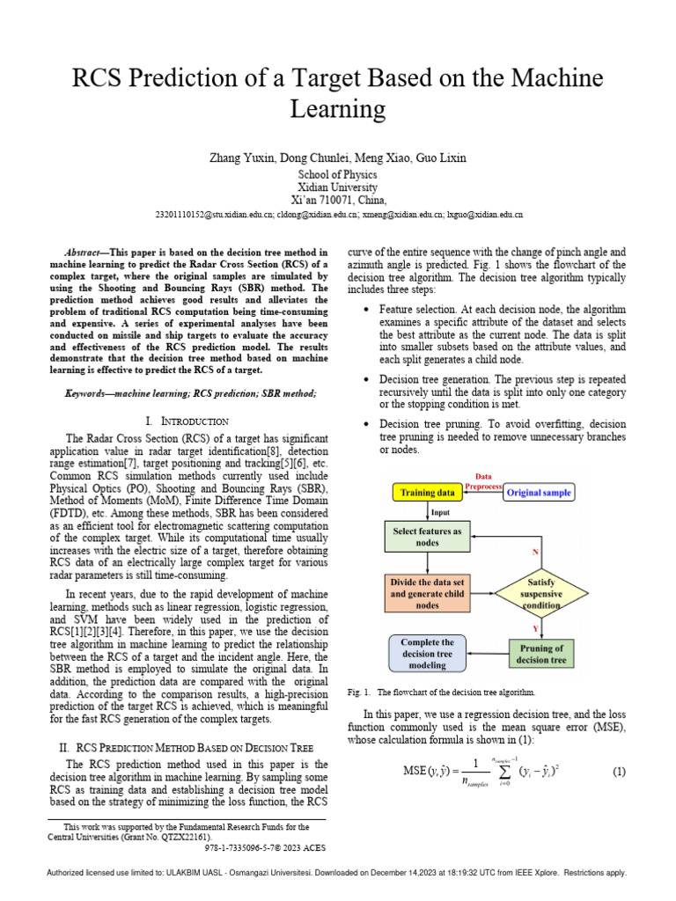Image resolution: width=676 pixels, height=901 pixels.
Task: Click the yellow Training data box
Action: pyautogui.click(x=428, y=493)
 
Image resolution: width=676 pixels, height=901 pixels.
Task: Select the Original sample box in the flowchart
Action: pyautogui.click(x=539, y=493)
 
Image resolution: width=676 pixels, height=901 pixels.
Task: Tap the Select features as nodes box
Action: pyautogui.click(x=427, y=537)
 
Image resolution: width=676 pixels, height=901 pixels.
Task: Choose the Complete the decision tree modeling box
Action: pyautogui.click(x=427, y=654)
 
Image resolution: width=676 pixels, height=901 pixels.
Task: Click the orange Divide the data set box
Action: pyautogui.click(x=427, y=593)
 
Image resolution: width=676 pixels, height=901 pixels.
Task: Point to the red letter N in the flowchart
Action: pyautogui.click(x=534, y=552)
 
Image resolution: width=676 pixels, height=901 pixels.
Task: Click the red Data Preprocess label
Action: pyautogui.click(x=483, y=480)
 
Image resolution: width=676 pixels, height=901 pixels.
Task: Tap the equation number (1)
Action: pyautogui.click(x=618, y=772)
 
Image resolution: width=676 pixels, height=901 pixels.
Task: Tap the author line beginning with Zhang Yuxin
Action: pyautogui.click(x=338, y=158)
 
